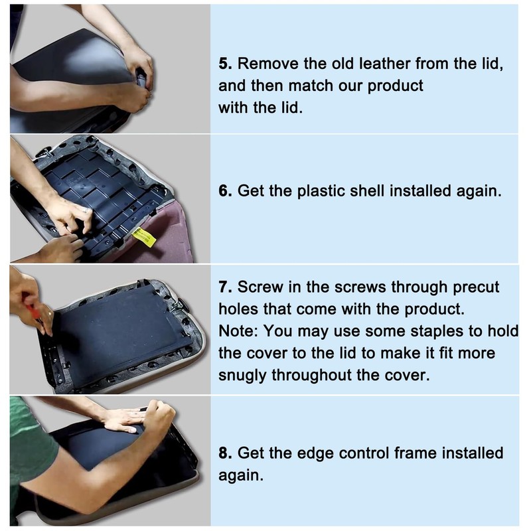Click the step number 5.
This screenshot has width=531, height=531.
coord(225,64)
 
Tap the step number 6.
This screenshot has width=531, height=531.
coord(225,191)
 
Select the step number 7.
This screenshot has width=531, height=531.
coord(225,287)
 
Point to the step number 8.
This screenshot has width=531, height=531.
coord(225,453)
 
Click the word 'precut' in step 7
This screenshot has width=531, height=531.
coord(476,288)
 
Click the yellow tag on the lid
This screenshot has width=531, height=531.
coord(143,237)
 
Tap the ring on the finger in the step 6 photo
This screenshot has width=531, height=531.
coord(86,210)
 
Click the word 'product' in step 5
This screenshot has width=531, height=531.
coord(395,86)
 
